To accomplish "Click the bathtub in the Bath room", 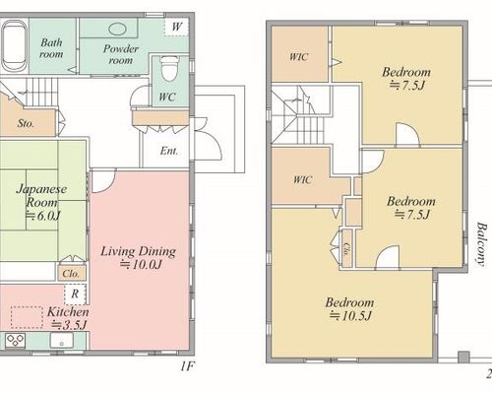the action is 15,45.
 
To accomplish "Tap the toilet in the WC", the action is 169,69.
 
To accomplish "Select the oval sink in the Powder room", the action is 117,30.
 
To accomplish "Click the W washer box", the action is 176,27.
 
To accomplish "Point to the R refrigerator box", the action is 75,294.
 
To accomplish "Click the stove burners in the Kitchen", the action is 15,340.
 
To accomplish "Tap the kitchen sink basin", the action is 62,340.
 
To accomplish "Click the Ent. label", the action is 169,151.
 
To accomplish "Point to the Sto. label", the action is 26,123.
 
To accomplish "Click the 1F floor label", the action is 187,366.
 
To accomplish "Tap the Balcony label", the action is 481,243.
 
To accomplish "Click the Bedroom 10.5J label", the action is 349,309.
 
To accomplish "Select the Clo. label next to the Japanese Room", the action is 71,274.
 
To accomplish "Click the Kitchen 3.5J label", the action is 68,318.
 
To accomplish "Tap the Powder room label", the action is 121,54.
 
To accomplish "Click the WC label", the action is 167,97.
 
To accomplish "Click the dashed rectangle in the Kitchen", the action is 27,317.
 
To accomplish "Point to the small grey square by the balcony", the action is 463,357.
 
